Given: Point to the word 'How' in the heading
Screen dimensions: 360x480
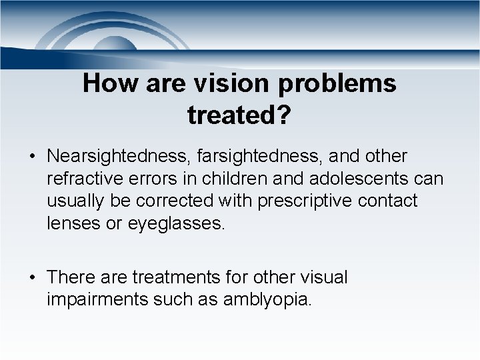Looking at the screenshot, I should (105, 84).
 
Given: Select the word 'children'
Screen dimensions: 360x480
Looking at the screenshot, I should (226, 179).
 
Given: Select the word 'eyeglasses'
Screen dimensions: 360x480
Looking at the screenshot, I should (175, 223).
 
